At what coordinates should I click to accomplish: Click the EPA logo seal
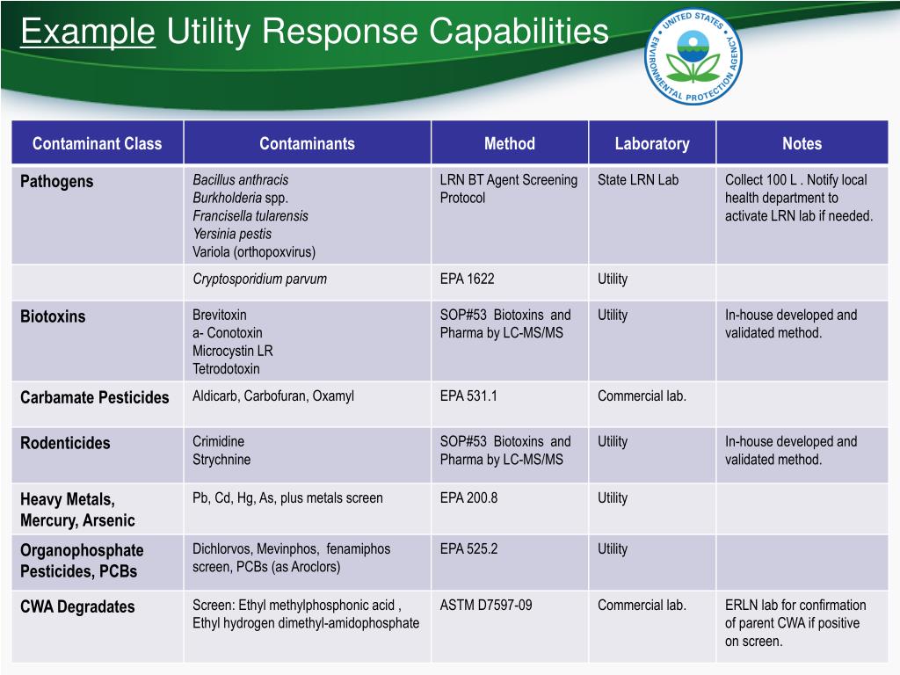[x=693, y=59]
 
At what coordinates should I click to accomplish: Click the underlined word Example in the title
[x=88, y=33]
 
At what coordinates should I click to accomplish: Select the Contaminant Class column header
[x=98, y=143]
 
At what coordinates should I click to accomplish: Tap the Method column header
[x=509, y=143]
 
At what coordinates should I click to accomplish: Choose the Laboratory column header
[x=651, y=143]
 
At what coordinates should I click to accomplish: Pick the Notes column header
[x=802, y=143]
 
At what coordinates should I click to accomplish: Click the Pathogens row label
[x=57, y=181]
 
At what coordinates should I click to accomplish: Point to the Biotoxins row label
[x=54, y=316]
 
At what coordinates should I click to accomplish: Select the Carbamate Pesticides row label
[x=95, y=397]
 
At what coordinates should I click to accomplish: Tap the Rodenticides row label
[x=66, y=443]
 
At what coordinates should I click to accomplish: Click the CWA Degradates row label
[x=78, y=606]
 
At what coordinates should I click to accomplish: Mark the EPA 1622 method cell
[x=467, y=279]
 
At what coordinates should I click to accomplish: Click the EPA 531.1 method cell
[x=468, y=396]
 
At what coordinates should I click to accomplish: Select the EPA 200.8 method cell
[x=468, y=497]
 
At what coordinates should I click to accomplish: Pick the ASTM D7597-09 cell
[x=486, y=605]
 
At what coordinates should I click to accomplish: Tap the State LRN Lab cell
[x=638, y=180]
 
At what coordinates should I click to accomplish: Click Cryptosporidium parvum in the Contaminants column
[x=259, y=279]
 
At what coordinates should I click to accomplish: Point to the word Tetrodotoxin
[x=226, y=369]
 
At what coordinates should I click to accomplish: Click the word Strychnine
[x=221, y=460]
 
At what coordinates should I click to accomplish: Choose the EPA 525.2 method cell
[x=468, y=548]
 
